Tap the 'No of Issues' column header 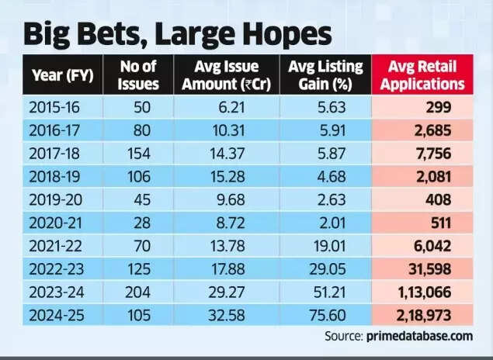tap(141, 75)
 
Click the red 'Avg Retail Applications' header tap(424, 75)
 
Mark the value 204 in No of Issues tap(141, 295)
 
